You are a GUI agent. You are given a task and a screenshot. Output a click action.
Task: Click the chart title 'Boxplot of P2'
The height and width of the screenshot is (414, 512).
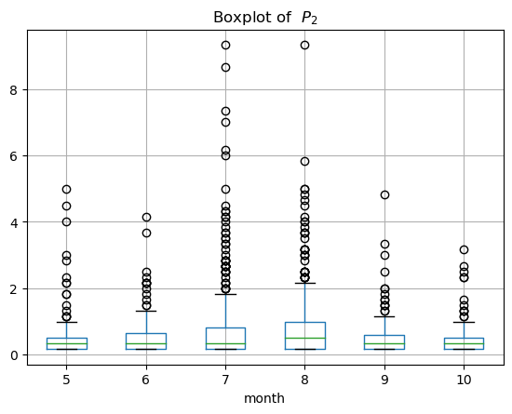pos(265,18)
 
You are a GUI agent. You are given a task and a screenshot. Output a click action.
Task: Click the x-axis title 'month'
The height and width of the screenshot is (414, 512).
pos(264,398)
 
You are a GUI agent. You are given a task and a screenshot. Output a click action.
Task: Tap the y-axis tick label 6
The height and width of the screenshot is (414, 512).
pos(13,156)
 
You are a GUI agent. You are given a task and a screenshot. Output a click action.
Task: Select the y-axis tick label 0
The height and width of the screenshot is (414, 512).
pos(13,354)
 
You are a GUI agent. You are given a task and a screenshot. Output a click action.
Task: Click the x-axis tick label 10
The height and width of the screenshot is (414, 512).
pos(464,381)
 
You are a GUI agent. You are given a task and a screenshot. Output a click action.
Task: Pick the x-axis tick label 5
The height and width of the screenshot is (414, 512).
pos(66,381)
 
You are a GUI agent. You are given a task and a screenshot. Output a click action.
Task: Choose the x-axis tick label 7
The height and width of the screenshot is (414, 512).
pos(225,381)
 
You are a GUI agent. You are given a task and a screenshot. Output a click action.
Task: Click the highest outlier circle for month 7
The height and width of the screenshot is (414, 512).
pos(225,45)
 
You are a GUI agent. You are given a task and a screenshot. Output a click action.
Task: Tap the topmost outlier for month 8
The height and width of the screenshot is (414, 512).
pos(305,45)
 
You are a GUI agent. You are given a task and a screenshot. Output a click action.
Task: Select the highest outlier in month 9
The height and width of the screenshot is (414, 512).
pos(384,194)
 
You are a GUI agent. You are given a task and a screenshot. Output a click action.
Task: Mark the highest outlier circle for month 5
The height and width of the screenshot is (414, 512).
pos(67,189)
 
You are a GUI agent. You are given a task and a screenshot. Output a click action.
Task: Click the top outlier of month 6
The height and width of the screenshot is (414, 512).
pos(146,217)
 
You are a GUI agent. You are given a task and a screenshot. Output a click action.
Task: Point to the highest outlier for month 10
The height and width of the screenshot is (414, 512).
pos(464,250)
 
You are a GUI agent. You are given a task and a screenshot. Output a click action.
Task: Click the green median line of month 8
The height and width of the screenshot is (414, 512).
pos(305,338)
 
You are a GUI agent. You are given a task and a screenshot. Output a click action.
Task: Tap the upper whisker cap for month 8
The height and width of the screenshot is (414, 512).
pos(305,283)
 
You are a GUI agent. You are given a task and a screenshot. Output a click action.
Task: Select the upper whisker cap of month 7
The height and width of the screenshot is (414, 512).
pos(225,294)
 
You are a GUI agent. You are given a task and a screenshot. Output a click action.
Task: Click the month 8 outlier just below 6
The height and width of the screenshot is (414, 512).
pos(305,162)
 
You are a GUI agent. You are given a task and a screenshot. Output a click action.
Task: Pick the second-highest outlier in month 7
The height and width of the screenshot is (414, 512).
pos(225,68)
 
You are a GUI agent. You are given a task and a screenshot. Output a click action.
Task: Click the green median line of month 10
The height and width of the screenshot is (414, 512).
pos(464,343)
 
